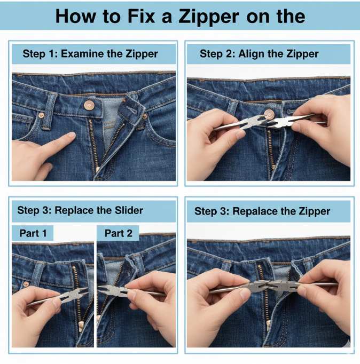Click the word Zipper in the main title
click(205, 16)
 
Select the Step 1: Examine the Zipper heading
click(90, 54)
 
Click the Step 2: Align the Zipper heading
click(259, 54)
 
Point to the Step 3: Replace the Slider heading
click(80, 210)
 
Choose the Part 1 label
click(33, 233)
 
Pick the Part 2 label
click(118, 233)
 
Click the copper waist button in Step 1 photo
click(89, 106)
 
